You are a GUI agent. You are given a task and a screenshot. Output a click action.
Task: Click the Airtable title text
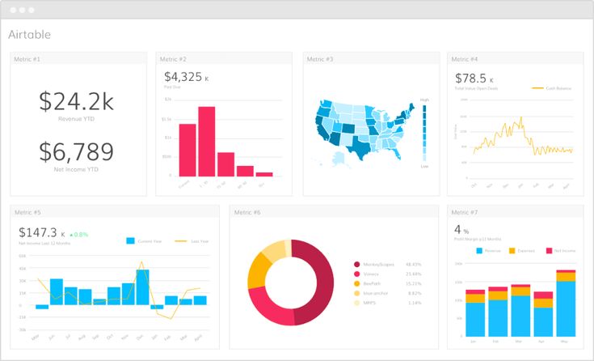(29, 35)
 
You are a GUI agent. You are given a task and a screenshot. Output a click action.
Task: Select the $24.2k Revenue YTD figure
(78, 101)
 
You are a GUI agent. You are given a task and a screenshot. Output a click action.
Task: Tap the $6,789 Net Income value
(78, 151)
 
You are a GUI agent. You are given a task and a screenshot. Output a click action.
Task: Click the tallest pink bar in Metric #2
(207, 142)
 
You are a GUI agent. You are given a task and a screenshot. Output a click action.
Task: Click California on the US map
(321, 130)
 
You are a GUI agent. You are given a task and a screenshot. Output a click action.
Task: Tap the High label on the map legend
(424, 100)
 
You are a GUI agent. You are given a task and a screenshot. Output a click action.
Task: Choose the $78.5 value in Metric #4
(470, 78)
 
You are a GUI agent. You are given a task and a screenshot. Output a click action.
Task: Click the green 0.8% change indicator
(78, 234)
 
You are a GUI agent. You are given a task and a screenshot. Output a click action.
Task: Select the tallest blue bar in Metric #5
(142, 287)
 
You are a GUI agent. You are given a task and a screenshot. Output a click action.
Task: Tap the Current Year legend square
(131, 240)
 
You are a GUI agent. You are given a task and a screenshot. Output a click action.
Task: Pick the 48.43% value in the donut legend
(414, 264)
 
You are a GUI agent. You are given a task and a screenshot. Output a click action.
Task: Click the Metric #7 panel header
(465, 212)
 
